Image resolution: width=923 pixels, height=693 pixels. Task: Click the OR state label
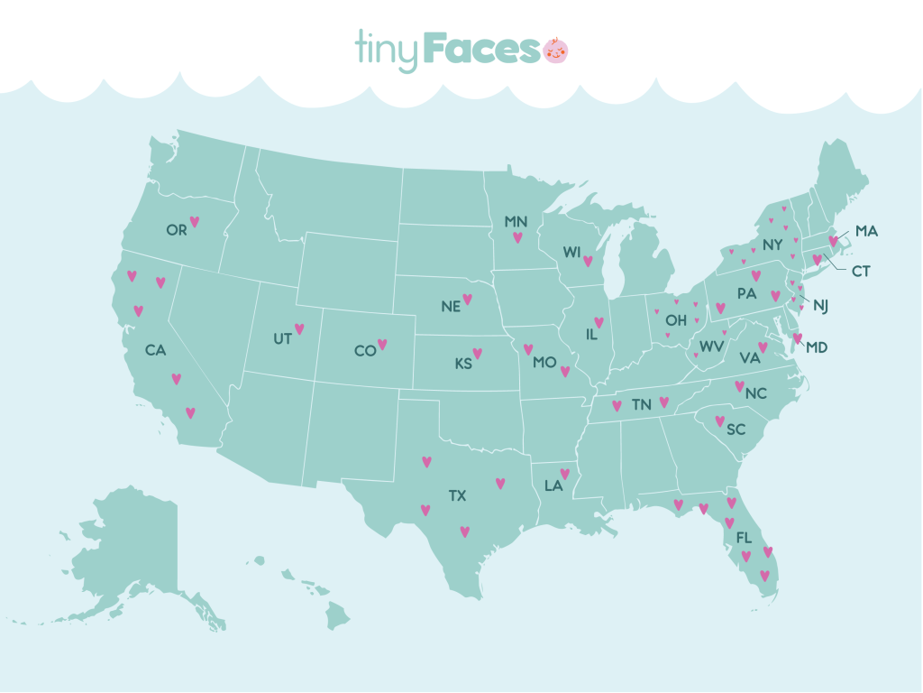[x=176, y=230]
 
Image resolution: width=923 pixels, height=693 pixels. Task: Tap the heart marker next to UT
[x=299, y=329]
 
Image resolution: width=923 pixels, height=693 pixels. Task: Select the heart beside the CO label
[x=382, y=344]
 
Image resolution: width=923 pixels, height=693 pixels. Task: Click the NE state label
[x=451, y=306]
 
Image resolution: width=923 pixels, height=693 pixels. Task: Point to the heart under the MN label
[x=517, y=238]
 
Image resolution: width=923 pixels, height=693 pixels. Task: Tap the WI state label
[x=571, y=254]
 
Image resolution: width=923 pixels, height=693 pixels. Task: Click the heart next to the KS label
[x=478, y=354]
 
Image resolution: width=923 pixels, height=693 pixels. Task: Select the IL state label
[x=592, y=335]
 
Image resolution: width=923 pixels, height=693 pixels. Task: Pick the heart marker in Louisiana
[x=565, y=474]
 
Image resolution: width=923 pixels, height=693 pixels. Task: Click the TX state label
[x=458, y=495]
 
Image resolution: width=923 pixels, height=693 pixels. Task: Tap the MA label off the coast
[x=866, y=231]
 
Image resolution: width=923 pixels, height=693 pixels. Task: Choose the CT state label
[x=861, y=271]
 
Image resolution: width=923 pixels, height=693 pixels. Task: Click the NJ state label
[x=820, y=305]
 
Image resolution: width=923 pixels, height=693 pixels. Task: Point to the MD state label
[x=818, y=346]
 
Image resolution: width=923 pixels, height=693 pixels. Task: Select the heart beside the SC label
[x=719, y=420]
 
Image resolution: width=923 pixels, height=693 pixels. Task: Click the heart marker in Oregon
[x=194, y=221]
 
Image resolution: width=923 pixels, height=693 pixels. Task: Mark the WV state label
[x=712, y=346]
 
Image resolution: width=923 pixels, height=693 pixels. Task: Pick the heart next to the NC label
[x=739, y=386]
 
